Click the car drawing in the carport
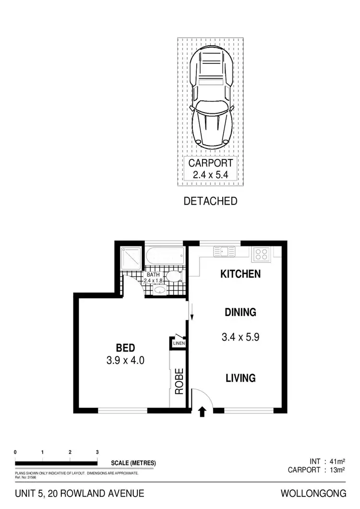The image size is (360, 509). coord(212,98)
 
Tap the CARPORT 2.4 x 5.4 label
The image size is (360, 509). coord(212,169)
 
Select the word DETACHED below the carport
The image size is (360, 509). coord(211,201)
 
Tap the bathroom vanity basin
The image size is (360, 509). coord(159,290)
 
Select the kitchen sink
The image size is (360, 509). coord(224,251)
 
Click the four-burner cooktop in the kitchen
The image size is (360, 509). coord(261,253)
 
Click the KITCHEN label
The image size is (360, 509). coord(240,274)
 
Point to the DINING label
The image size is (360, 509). coord(240,313)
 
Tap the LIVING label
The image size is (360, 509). coord(240,378)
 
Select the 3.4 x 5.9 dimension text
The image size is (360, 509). coord(240,337)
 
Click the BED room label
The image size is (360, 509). coord(125,348)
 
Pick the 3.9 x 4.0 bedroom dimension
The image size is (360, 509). coord(125,360)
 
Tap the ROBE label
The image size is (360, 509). coord(180,381)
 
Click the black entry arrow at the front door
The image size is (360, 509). coord(202,411)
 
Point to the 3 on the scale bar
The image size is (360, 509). coord(97,452)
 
